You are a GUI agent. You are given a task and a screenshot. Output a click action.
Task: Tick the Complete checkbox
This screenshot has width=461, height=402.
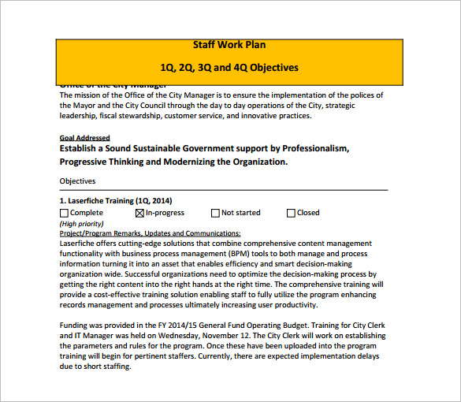click(x=64, y=213)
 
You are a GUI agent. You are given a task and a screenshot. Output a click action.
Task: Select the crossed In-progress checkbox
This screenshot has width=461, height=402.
click(x=140, y=213)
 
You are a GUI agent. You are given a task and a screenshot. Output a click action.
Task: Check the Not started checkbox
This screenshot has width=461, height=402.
click(x=215, y=213)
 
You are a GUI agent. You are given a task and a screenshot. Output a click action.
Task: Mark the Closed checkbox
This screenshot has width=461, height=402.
click(x=291, y=213)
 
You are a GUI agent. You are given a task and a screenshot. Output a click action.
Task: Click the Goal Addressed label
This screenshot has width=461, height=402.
click(x=84, y=137)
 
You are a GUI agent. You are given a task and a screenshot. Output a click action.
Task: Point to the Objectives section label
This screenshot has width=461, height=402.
click(x=77, y=181)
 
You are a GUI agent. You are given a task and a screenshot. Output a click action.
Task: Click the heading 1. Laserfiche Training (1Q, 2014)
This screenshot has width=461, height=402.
click(x=116, y=201)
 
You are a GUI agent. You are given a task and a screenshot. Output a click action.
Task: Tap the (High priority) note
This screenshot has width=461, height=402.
click(x=82, y=224)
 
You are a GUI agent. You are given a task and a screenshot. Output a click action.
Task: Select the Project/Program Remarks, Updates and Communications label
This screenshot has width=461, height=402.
click(x=151, y=233)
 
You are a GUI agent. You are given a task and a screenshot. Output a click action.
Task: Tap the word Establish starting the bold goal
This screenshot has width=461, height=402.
click(x=81, y=148)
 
